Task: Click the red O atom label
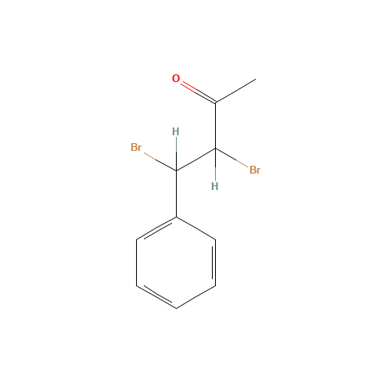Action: [176, 78]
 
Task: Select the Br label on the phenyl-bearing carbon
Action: [136, 147]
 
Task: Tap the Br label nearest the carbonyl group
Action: [255, 170]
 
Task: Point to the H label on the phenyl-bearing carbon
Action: [176, 132]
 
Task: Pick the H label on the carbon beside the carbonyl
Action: [215, 186]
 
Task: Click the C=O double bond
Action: [199, 92]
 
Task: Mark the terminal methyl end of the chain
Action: [256, 79]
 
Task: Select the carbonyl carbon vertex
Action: [216, 102]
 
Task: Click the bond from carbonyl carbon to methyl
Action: [235, 91]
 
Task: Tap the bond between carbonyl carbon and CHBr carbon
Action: [216, 125]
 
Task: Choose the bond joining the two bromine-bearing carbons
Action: [196, 160]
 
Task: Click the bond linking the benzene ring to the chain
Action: [176, 194]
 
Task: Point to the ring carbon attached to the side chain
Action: [176, 217]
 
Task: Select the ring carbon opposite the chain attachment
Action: [176, 309]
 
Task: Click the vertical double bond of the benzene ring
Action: [214, 263]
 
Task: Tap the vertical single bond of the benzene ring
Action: [137, 263]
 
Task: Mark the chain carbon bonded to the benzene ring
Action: [176, 170]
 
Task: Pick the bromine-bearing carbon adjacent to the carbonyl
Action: [216, 149]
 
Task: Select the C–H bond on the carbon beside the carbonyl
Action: [216, 164]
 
